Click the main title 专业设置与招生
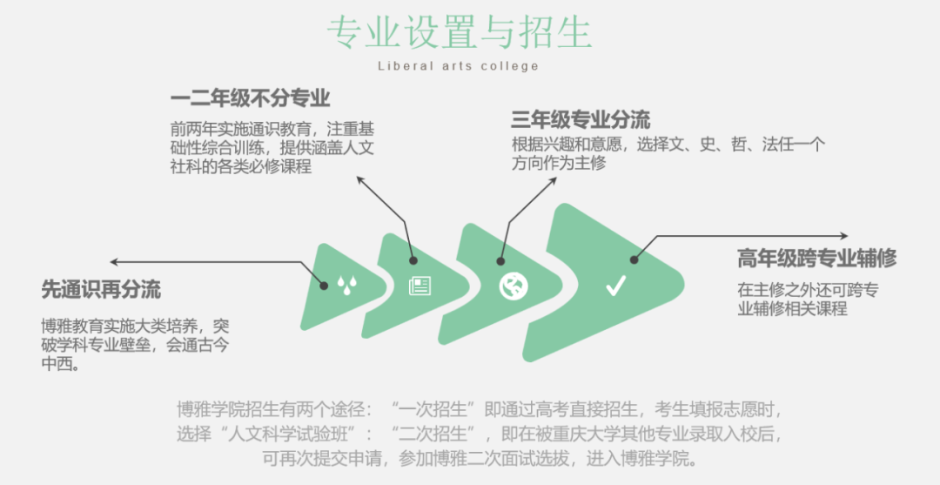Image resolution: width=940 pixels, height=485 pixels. click(459, 32)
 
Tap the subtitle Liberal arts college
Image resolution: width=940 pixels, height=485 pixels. click(459, 66)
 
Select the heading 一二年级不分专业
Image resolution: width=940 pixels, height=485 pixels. click(250, 98)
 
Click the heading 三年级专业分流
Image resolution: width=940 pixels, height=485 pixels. click(581, 119)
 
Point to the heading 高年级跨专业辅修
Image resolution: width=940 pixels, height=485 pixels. click(816, 259)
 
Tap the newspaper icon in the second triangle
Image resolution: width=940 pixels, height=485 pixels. click(420, 286)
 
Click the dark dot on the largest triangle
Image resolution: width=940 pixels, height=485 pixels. click(634, 259)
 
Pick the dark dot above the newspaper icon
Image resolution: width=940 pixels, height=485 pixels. click(413, 259)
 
